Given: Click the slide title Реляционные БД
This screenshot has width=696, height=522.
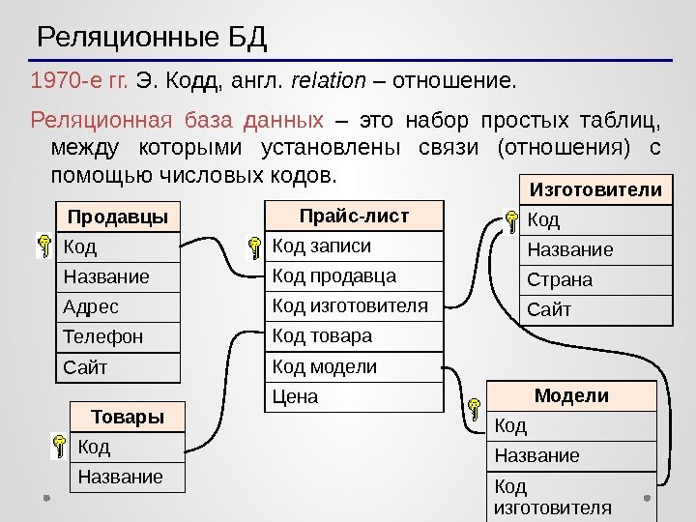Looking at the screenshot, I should [x=152, y=40].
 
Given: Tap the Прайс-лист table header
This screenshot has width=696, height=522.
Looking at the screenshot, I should [x=354, y=215].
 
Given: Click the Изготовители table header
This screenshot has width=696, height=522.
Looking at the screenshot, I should [x=596, y=189].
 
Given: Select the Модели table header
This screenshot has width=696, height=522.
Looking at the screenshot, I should [x=571, y=395].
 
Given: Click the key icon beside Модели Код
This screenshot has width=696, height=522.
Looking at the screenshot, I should [x=475, y=409].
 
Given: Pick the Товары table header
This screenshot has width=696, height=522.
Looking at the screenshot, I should [x=127, y=418].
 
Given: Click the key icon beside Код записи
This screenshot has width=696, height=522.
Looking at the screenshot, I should [x=253, y=249].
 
